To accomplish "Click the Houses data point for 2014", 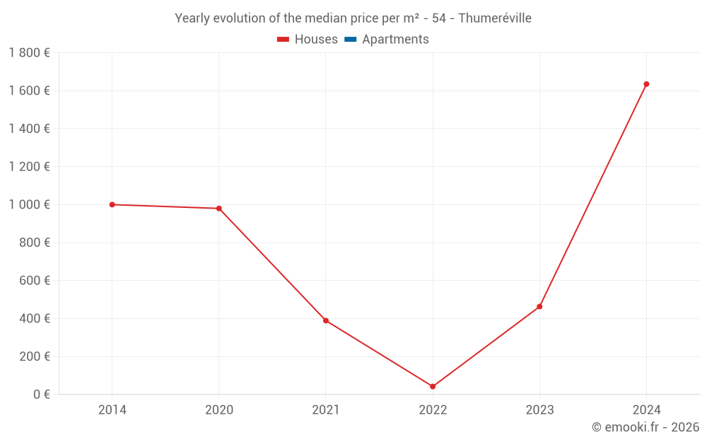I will (112, 204).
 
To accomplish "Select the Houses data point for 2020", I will (219, 209).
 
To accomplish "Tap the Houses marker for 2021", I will (326, 320).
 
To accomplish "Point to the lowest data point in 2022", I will (433, 387).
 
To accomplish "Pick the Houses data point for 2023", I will (539, 306).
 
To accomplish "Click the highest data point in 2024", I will (646, 84).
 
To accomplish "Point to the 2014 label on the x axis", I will (112, 409).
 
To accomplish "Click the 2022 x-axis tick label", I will (433, 409).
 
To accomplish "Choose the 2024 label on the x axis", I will (646, 409).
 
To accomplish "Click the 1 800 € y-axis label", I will (29, 52).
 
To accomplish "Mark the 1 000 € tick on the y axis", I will (29, 204).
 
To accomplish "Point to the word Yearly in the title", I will (194, 18).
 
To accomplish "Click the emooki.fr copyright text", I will (645, 427).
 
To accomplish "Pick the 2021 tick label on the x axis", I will (326, 409).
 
